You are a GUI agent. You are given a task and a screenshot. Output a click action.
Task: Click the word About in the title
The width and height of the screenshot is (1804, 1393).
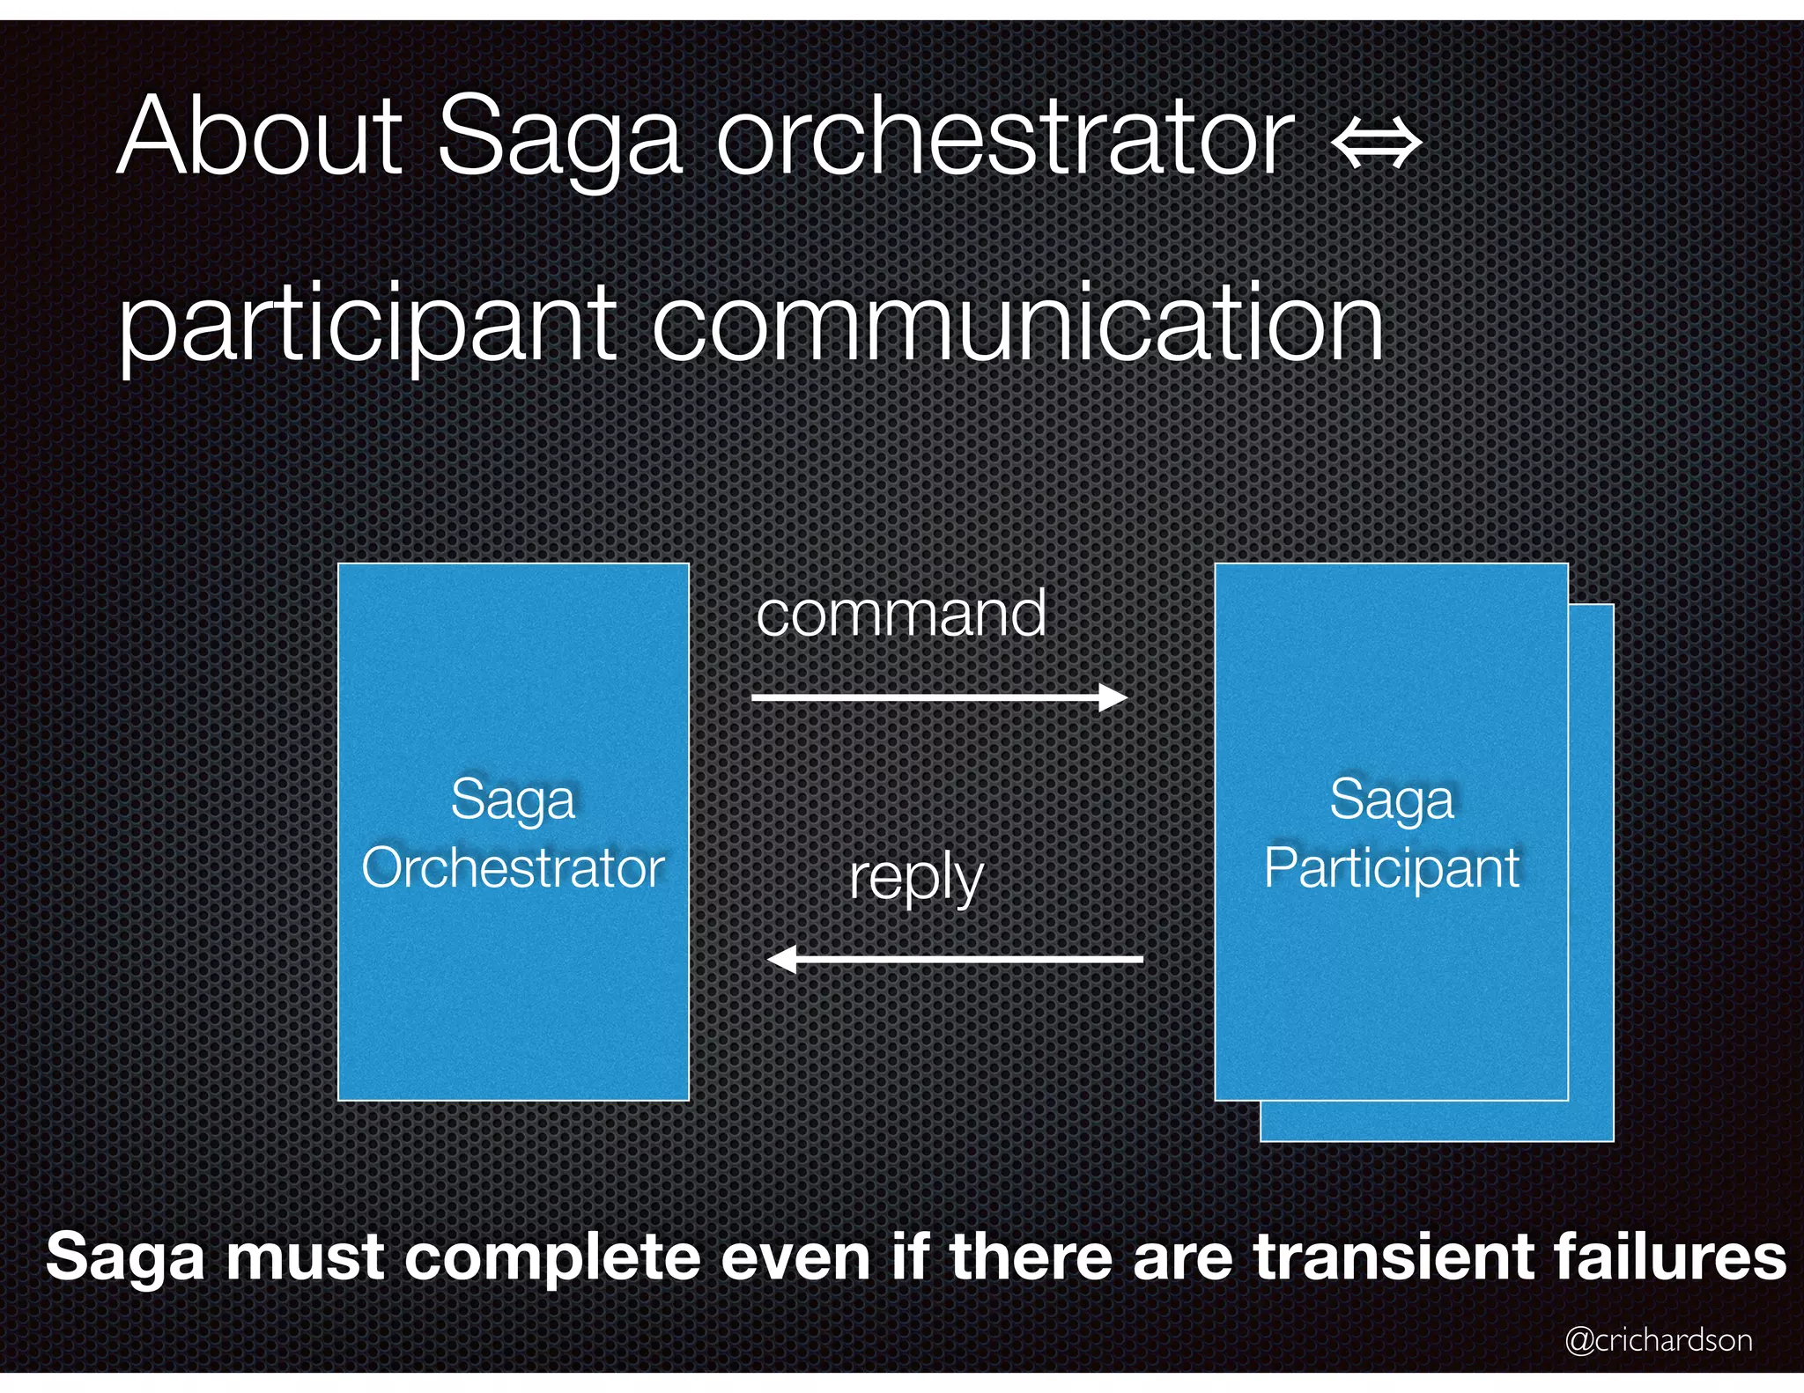pos(260,136)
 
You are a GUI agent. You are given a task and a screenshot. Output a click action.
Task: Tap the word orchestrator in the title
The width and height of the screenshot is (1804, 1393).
pos(1004,136)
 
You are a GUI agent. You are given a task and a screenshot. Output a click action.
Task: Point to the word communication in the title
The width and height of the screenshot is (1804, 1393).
pos(1017,324)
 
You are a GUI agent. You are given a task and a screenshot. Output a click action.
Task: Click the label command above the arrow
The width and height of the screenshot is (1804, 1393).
pos(900,614)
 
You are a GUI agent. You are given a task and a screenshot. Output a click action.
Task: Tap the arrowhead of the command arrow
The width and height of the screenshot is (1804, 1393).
pos(1114,697)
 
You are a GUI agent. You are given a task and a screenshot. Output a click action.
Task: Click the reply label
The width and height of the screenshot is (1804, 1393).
pos(916,879)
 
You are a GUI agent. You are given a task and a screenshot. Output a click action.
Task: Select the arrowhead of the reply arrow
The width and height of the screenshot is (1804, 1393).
pos(782,959)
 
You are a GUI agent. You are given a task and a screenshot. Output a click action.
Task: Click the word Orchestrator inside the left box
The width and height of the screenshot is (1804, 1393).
pos(513,868)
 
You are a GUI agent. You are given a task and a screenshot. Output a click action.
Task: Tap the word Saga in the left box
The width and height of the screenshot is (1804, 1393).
pos(513,800)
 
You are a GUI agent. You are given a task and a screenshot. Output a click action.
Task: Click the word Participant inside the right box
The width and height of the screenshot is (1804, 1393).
pos(1392,868)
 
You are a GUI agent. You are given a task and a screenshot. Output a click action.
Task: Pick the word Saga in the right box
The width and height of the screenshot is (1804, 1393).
pos(1392,800)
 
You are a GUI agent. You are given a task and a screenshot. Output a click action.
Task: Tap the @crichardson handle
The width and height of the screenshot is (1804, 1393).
pos(1658,1339)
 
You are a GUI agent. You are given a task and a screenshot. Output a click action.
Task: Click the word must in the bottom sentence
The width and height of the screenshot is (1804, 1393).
pos(306,1257)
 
